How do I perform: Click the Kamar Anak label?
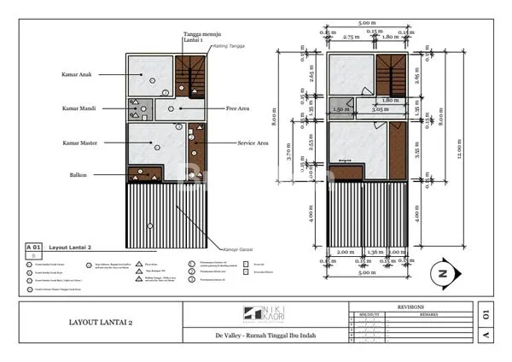pyautogui.click(x=78, y=74)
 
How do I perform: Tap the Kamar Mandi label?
pyautogui.click(x=78, y=108)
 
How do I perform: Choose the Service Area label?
pyautogui.click(x=253, y=143)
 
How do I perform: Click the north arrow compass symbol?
pyautogui.click(x=442, y=273)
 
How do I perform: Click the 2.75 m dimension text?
pyautogui.click(x=350, y=38)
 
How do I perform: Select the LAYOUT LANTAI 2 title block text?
pyautogui.click(x=101, y=323)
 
